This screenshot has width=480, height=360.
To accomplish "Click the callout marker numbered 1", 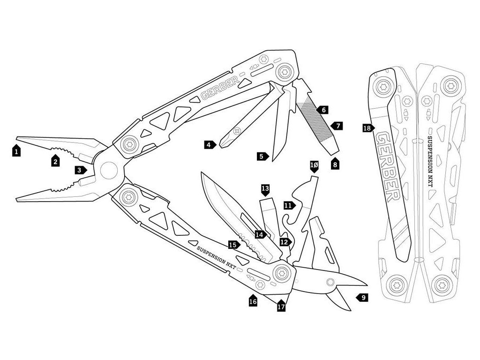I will [17, 151].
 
